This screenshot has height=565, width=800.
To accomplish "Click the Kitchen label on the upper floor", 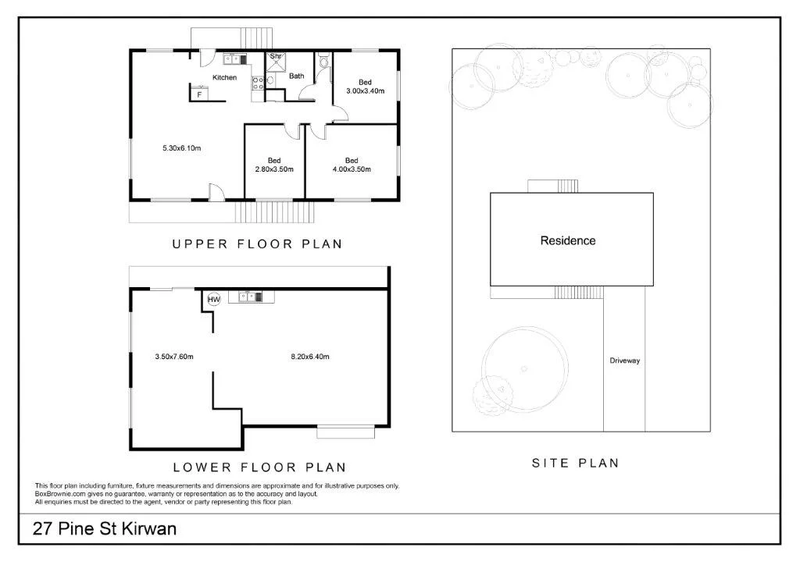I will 225,77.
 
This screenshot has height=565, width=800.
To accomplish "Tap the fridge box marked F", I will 200,94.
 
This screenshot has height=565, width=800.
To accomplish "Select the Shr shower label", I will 275,56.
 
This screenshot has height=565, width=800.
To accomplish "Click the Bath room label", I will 297,76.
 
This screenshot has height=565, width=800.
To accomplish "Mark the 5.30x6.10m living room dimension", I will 182,147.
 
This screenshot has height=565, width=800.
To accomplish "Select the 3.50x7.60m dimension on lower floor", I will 173,357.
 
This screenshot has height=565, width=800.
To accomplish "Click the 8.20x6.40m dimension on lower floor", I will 309,357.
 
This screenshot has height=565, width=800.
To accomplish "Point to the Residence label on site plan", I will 568,240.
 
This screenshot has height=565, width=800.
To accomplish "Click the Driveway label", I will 624,361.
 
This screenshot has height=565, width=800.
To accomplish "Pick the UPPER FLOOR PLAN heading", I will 257,244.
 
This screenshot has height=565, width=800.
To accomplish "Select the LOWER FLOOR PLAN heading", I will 259,468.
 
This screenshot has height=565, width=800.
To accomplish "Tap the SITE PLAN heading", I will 575,463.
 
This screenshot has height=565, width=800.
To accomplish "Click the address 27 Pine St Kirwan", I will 105,528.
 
